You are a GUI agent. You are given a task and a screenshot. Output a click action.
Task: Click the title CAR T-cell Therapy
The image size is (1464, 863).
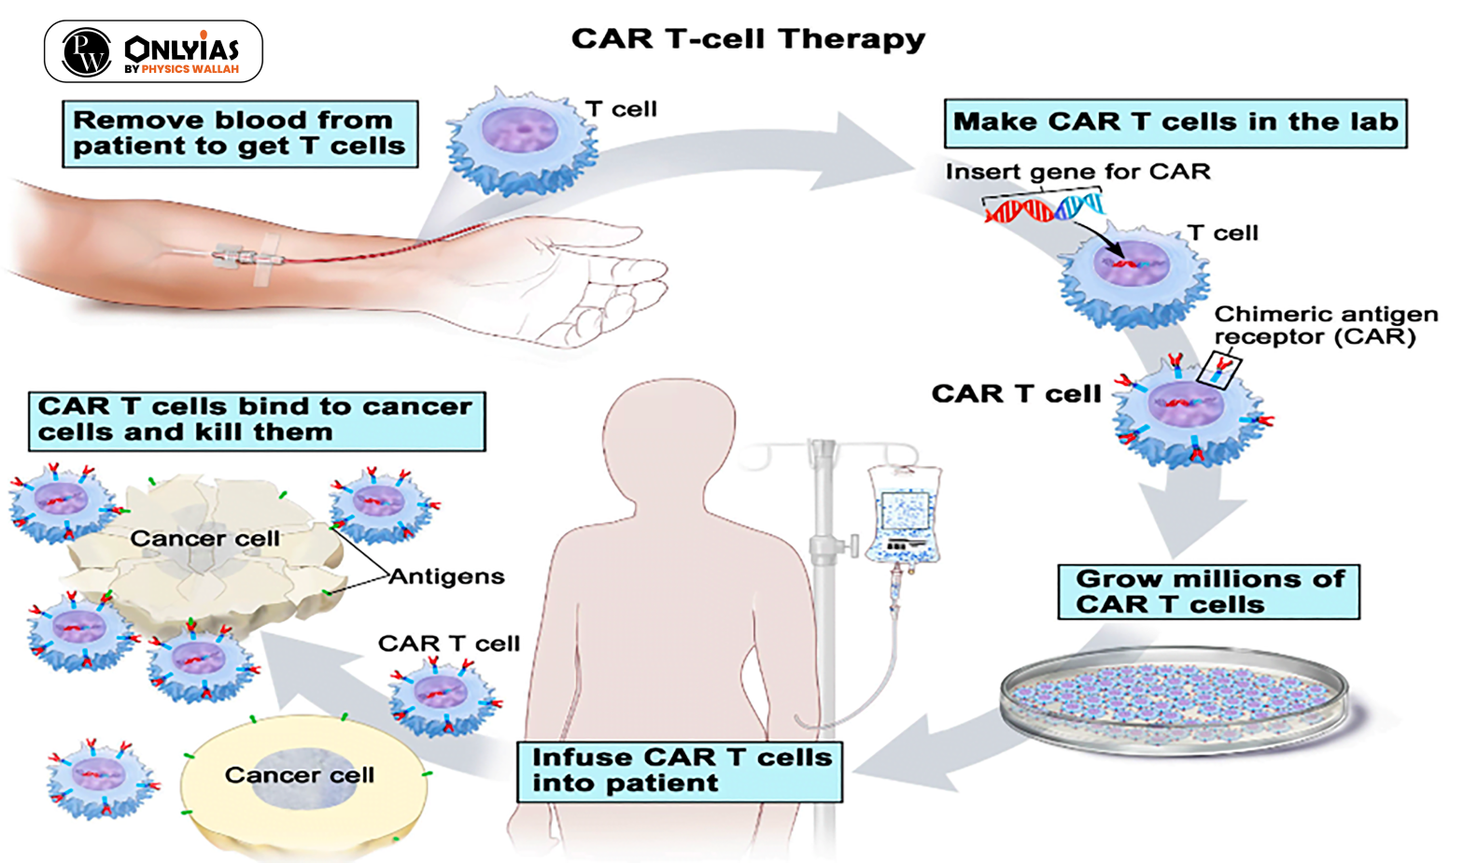pos(748,39)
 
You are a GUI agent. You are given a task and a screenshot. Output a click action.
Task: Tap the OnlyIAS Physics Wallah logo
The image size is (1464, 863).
pos(153,51)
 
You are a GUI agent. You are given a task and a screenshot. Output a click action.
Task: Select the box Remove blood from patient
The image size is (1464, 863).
pos(239,134)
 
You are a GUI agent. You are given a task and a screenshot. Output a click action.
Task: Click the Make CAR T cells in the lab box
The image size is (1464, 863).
pos(1175,122)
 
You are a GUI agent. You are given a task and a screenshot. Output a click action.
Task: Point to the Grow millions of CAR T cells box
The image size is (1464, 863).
pos(1208,592)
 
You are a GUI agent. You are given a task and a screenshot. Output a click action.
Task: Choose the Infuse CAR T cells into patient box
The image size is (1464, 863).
pos(680,771)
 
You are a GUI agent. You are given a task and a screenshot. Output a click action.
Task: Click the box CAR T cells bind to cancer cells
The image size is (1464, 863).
pos(256,420)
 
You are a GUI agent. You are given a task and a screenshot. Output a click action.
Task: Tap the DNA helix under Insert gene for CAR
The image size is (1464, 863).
pos(1043,207)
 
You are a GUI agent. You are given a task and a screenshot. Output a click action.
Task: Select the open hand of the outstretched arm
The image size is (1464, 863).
pos(598,280)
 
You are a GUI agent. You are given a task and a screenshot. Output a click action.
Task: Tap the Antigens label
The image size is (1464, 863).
pos(446,577)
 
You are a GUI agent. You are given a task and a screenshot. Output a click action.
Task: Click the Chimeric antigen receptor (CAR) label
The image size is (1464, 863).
pos(1325,325)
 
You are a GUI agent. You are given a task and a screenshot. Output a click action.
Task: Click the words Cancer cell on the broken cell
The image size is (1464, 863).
pos(204,539)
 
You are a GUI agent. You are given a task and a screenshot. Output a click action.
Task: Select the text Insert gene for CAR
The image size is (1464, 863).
pos(1077,172)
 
